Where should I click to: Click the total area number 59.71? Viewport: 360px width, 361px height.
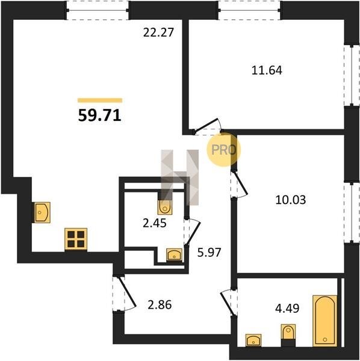99,116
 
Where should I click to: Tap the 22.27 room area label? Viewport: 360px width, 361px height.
158,32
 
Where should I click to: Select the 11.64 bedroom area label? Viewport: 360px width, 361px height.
267,70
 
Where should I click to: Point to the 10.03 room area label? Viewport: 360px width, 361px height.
290,200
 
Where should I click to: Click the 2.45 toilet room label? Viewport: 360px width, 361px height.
155,223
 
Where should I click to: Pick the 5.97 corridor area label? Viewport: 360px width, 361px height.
209,252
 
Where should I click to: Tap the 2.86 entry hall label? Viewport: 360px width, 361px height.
160,305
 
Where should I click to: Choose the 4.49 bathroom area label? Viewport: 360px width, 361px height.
287,308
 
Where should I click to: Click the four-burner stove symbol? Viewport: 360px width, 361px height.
76,239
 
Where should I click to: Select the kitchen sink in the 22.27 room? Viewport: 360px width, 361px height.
42,212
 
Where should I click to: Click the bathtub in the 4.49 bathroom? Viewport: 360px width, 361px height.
324,321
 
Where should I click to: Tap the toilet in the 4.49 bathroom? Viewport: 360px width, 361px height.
288,332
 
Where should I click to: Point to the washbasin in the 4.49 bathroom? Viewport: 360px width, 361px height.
253,340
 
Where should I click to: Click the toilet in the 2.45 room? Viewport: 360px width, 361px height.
165,207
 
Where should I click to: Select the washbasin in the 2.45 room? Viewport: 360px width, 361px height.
174,255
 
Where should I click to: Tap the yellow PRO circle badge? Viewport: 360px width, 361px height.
224,150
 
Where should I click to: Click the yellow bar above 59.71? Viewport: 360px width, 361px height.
100,100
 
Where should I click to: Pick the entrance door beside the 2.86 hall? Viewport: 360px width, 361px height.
125,293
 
